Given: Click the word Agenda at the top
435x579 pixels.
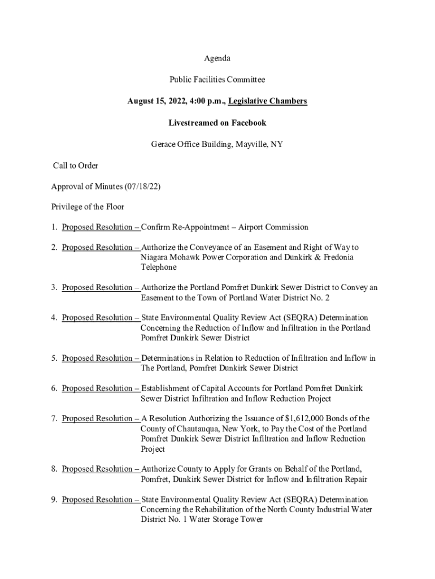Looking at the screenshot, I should pos(217,58).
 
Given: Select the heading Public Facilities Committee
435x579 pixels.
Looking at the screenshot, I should pos(217,80).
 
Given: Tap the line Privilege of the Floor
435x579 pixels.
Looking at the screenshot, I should pos(88,207).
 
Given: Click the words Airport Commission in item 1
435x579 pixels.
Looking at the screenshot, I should pos(273,227).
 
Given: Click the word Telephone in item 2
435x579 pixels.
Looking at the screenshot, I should pos(159,267).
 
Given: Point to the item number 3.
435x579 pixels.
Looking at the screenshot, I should pos(53,288).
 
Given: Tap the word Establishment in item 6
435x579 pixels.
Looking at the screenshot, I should pos(167,388).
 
